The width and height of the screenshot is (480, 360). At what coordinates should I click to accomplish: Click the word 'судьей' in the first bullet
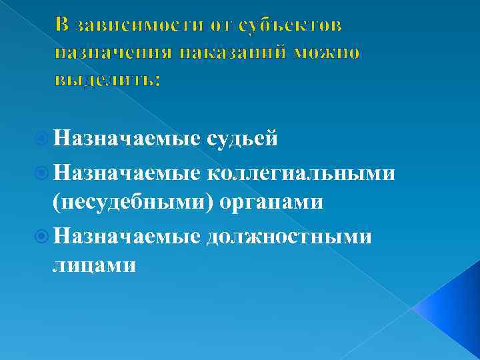[x=243, y=139]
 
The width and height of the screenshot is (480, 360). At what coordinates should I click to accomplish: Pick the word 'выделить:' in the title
[x=106, y=79]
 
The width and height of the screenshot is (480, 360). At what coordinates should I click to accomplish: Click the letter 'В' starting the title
[x=62, y=25]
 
